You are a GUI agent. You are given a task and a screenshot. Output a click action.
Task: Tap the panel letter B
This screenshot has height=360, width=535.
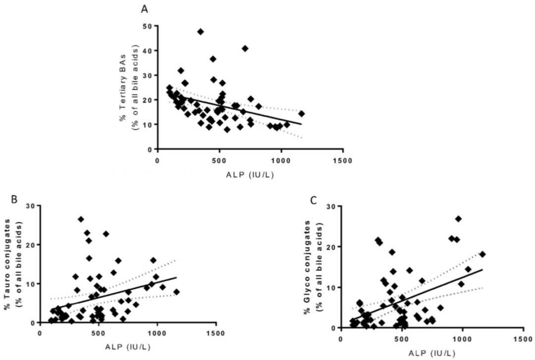tap(15, 200)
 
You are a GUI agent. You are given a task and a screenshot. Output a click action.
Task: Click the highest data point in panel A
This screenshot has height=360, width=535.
tap(201, 32)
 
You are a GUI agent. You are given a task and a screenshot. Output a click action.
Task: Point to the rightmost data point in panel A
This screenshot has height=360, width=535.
tap(301, 113)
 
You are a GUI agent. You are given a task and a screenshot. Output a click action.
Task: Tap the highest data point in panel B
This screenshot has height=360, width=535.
tap(81, 219)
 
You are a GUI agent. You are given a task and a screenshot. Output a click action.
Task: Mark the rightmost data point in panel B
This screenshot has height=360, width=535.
tap(176, 292)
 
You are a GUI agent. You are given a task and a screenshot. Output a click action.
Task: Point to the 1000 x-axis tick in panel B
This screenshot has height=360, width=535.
tap(157, 332)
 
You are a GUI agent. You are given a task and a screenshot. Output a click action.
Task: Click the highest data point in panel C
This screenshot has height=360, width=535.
tap(458, 219)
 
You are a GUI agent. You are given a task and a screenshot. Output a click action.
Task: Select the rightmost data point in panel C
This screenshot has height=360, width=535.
tap(482, 254)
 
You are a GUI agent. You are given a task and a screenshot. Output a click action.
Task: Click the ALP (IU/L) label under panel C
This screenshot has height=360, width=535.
tap(430, 353)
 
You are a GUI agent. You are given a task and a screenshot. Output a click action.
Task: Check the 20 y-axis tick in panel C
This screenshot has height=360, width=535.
tap(330, 246)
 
